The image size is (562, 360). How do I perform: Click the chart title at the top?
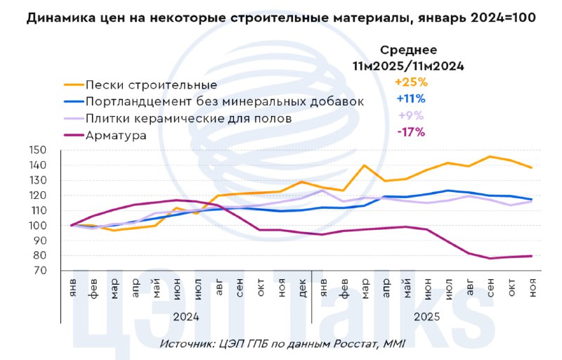coord(281,18)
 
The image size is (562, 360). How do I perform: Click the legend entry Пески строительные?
coord(151,85)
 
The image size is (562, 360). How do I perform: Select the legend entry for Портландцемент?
coord(225,101)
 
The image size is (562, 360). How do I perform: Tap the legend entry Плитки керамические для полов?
coord(188,118)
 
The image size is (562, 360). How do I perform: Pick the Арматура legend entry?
coord(116,135)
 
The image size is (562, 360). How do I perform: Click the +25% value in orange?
coord(411,82)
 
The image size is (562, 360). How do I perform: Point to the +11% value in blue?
coord(411,98)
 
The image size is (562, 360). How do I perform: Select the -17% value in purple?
coord(411,132)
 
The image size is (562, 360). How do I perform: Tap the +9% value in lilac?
coord(411,115)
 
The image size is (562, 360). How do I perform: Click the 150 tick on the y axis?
coord(38,150)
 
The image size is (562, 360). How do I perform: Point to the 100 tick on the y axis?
coord(38,226)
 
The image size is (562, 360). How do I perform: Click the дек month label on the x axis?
coord(302,288)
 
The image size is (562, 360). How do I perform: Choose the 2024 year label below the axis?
coord(186,317)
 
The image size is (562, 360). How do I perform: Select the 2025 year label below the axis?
coord(426,317)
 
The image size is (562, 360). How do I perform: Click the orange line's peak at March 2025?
coord(364,165)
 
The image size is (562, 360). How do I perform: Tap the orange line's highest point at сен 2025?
coord(490,157)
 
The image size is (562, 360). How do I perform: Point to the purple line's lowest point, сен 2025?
coord(490,258)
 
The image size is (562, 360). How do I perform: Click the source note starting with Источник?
coord(282,345)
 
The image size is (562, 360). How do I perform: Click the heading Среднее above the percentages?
coord(409,50)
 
